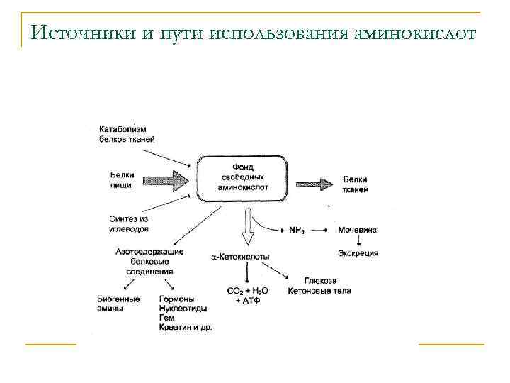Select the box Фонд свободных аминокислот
[x=242, y=177]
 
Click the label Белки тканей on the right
[x=354, y=184]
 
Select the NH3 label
[x=297, y=231]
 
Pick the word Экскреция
[x=358, y=253]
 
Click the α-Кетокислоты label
[x=240, y=256]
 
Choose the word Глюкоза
[x=320, y=280]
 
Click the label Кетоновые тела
[x=319, y=291]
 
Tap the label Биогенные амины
[x=118, y=304]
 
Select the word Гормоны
[x=177, y=299]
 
